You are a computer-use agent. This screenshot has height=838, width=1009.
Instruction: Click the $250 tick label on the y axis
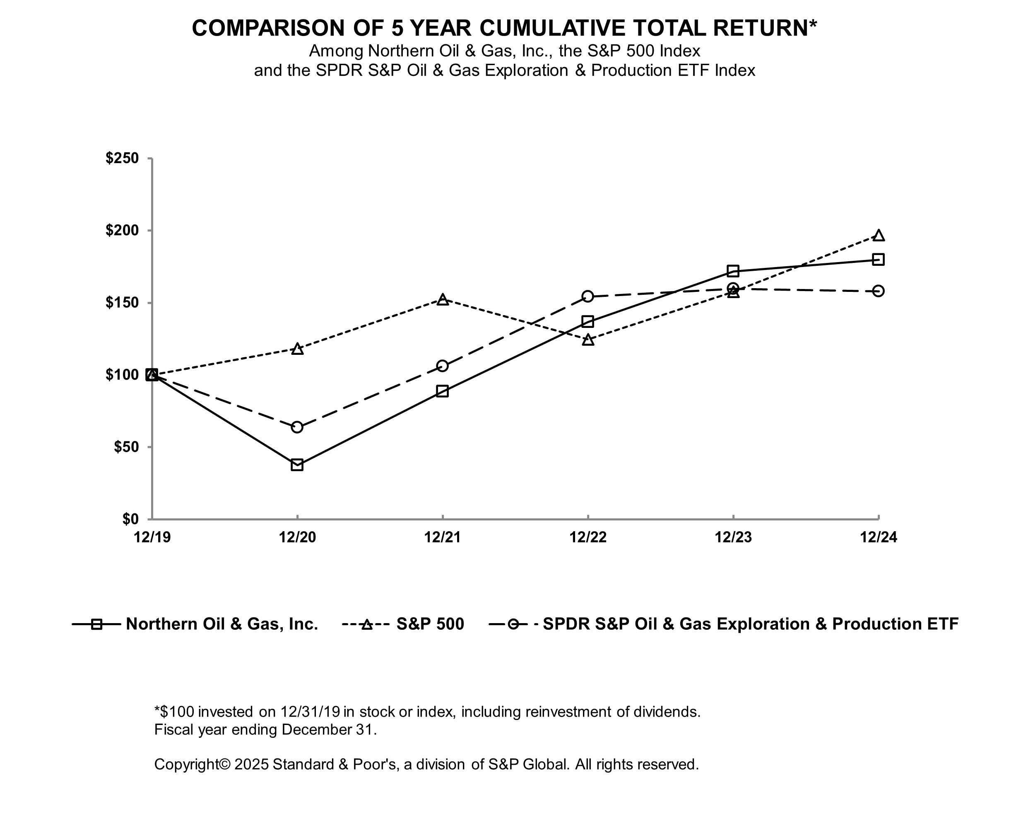click(122, 159)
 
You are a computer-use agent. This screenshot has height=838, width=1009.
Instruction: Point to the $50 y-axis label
click(126, 447)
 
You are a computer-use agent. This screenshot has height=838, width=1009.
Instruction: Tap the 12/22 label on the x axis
click(588, 537)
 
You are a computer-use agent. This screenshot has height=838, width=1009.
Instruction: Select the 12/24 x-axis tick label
click(878, 537)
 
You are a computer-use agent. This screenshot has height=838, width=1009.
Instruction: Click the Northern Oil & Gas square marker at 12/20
click(297, 465)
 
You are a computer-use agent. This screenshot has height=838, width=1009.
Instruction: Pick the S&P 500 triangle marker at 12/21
click(443, 300)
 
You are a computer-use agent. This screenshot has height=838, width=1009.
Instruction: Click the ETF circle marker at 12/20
click(297, 427)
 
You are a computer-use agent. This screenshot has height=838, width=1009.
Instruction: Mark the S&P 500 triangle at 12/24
click(878, 236)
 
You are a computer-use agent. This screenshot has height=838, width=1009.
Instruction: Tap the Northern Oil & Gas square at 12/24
click(878, 260)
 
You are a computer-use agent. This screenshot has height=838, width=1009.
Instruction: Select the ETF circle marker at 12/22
click(588, 296)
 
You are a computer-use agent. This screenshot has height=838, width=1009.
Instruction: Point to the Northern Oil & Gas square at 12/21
click(443, 391)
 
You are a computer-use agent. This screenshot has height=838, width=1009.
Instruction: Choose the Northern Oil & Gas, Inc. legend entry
click(222, 624)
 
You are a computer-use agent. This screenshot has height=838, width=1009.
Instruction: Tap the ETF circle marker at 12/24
click(878, 291)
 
